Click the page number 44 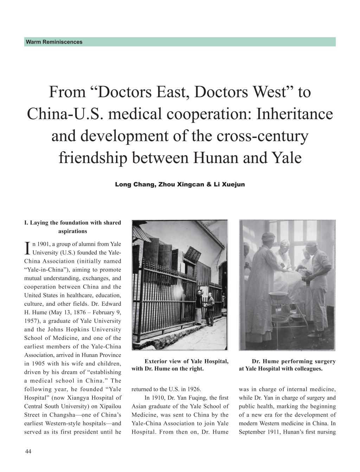[28, 452]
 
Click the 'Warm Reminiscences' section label [54, 42]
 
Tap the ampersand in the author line [209, 184]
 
